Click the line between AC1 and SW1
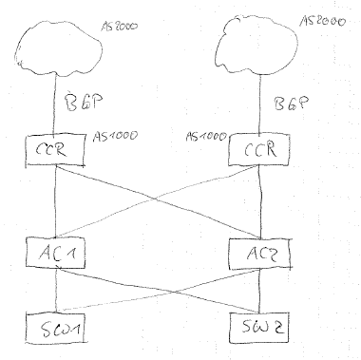point(56,289)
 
